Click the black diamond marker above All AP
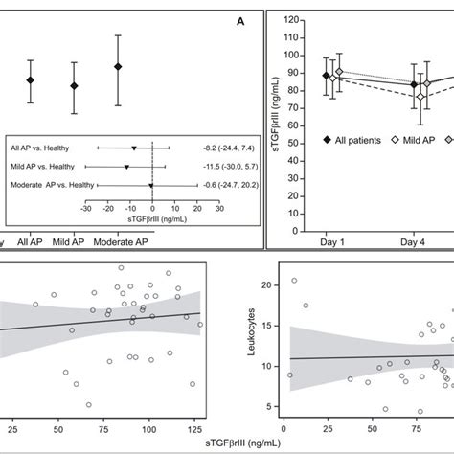click(31, 80)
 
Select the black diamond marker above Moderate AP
click(118, 66)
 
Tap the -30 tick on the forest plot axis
click(85, 207)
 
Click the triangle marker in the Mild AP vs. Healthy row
click(126, 167)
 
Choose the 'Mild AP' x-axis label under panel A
click(76, 241)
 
